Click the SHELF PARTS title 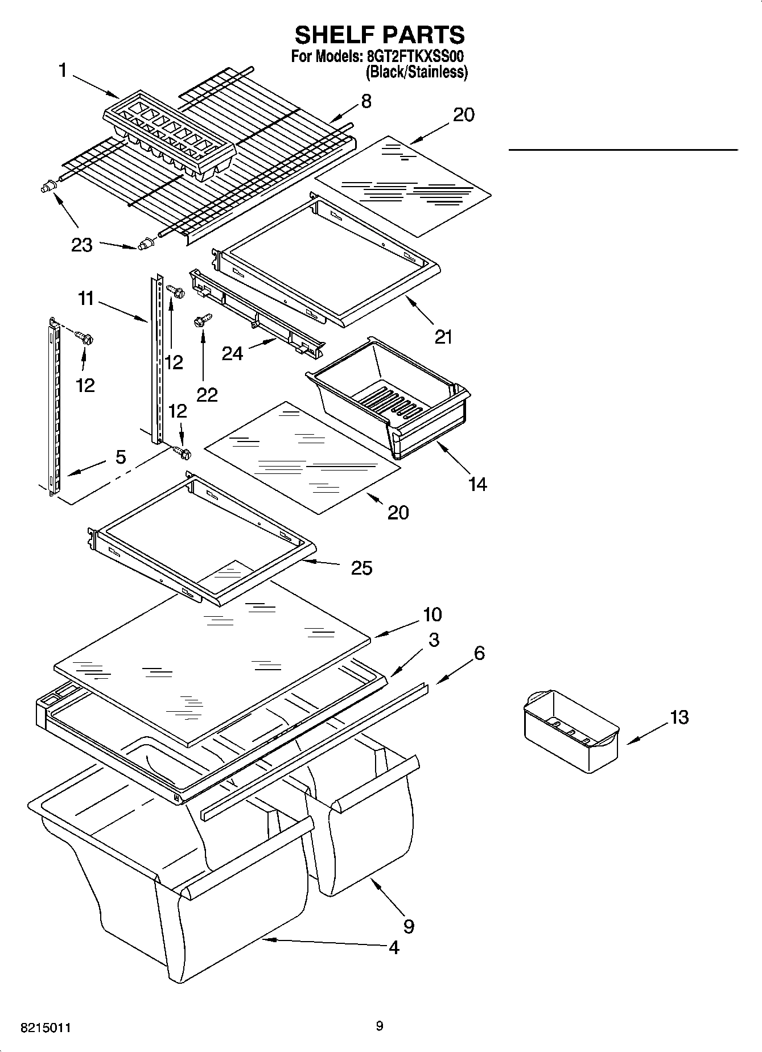380,35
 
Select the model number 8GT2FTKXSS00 417,57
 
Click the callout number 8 366,101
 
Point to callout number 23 81,245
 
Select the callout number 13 679,717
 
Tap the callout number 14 477,484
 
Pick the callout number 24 232,353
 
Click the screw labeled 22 203,321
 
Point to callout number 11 86,298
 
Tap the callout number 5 120,456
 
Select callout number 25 362,567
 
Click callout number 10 432,614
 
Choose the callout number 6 479,653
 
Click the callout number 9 409,926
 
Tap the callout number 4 394,947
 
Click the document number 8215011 46,1028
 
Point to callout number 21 443,337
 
